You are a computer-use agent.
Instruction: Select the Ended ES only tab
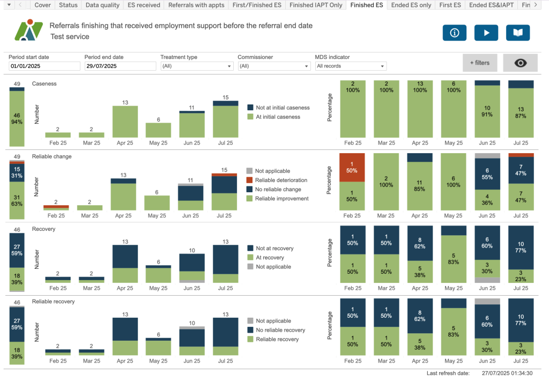pos(411,5)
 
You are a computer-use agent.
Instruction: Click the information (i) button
pos(454,33)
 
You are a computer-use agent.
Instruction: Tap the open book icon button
pos(517,33)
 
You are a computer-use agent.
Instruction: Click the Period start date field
pos(44,66)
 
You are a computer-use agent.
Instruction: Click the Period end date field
pos(120,66)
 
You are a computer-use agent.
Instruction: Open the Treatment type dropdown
pos(197,66)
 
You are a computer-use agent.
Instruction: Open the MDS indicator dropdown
pos(351,66)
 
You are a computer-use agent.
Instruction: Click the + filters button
pos(480,63)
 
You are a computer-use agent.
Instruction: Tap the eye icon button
pos(520,63)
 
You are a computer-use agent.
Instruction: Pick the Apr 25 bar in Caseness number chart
pos(125,122)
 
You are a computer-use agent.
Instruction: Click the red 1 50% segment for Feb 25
pos(352,167)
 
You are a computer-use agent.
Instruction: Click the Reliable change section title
pos(51,156)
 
